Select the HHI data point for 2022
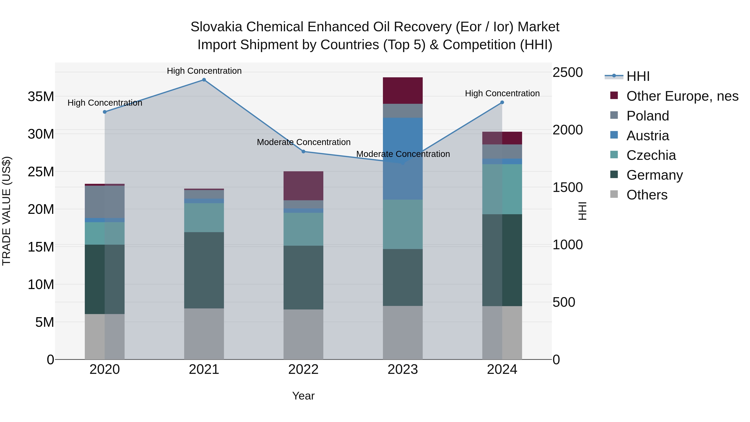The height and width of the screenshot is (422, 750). tap(303, 152)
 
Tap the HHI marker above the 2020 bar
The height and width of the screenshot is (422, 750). tap(105, 112)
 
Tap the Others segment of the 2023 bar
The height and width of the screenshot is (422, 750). tap(403, 332)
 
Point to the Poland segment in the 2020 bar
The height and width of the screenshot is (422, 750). tap(105, 202)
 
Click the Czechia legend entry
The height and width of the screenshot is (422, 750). tap(651, 155)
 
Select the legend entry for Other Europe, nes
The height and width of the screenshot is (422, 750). tap(682, 96)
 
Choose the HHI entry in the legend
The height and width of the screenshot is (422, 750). tap(638, 76)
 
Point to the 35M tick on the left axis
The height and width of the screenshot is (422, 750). tap(41, 96)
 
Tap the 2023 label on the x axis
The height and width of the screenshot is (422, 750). tap(403, 369)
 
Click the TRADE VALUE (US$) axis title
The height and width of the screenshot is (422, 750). tap(6, 211)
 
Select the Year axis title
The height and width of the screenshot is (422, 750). tap(303, 396)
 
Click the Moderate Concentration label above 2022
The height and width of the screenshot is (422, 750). tap(303, 142)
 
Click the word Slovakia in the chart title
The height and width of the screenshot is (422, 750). tap(216, 27)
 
